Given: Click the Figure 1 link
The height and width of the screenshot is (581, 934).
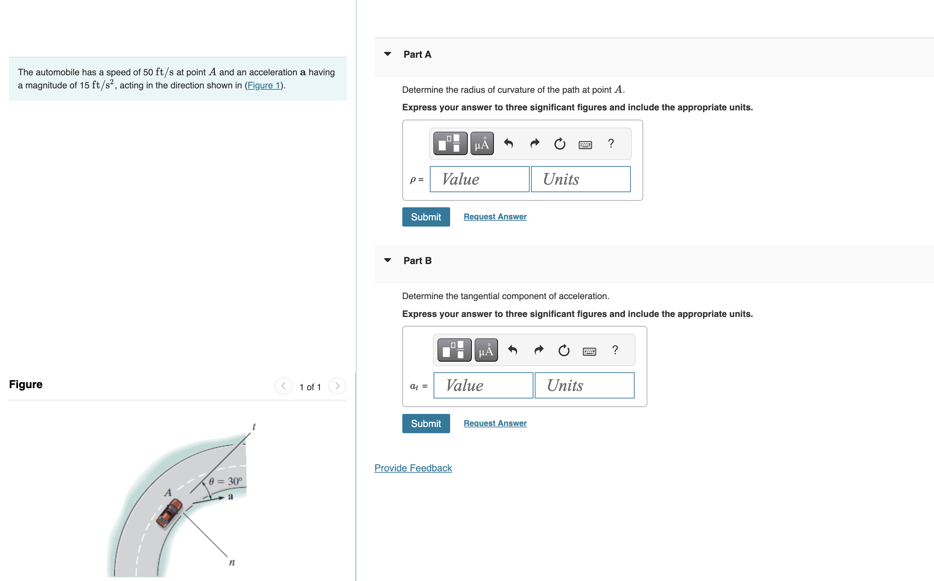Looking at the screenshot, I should (x=264, y=85).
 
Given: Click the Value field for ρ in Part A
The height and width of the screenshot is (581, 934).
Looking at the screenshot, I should (x=479, y=179).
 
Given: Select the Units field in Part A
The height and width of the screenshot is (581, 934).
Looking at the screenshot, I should (x=580, y=179).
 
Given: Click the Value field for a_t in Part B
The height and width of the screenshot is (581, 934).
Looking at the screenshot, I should (x=483, y=385).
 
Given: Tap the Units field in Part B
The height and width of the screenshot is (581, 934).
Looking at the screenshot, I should (x=584, y=385).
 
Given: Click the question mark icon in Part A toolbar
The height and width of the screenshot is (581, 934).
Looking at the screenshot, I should (x=611, y=144).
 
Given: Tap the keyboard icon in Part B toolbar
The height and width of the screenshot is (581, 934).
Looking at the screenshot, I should (x=589, y=351).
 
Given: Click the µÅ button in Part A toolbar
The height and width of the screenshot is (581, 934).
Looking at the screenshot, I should (x=481, y=144).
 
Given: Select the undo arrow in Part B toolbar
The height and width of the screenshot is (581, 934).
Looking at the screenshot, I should (x=512, y=350).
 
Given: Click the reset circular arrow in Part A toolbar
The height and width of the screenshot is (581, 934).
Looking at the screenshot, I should (x=559, y=144).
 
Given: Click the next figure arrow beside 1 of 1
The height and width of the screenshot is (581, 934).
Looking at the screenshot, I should (x=337, y=386).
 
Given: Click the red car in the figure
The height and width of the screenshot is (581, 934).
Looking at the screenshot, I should (x=169, y=513).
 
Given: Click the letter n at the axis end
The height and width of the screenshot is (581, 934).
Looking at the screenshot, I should (x=232, y=562).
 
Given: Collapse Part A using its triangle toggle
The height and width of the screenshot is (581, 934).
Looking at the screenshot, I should (x=388, y=54).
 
